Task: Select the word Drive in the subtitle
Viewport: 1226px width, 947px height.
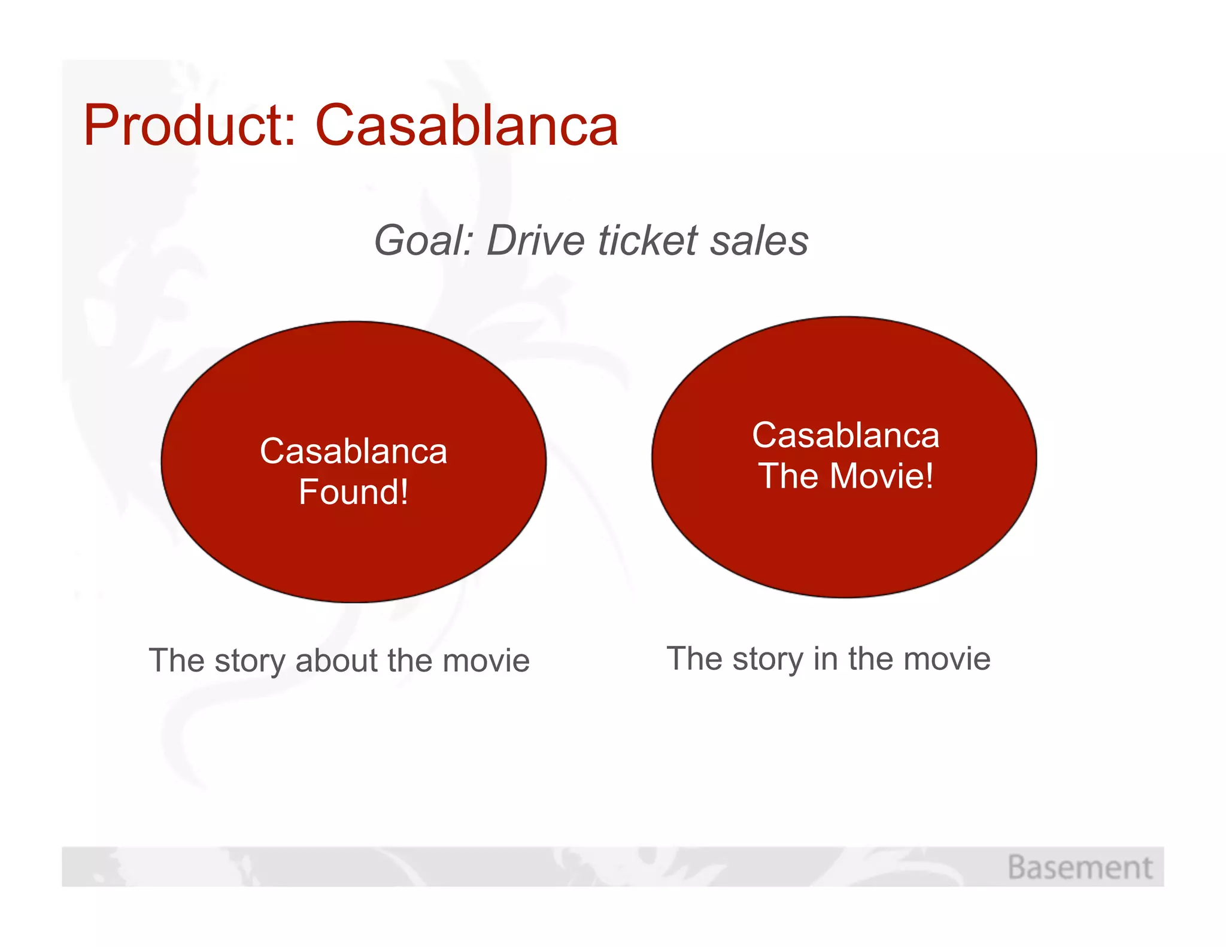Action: (535, 241)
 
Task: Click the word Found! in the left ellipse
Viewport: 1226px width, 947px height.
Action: (353, 492)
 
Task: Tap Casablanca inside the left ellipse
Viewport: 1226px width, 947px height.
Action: (353, 451)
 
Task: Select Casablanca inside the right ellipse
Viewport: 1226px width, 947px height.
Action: (845, 435)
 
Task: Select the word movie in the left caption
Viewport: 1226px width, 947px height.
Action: (486, 661)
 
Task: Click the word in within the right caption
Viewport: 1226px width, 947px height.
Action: (825, 658)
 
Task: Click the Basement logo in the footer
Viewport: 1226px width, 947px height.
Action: (1079, 867)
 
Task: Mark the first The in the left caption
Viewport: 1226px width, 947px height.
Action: (177, 661)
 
